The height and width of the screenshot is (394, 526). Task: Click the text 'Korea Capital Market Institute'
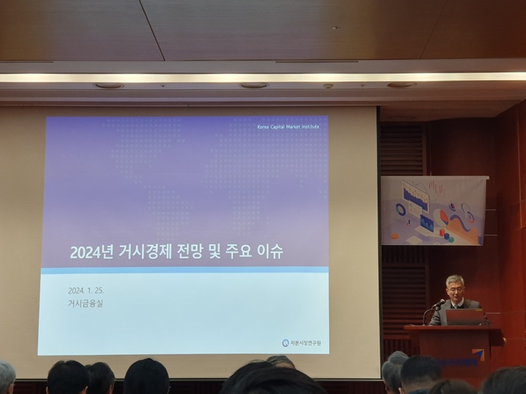pos(288,127)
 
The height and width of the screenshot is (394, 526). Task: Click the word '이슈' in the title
pos(270,251)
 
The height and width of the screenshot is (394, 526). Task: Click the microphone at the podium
pos(438,304)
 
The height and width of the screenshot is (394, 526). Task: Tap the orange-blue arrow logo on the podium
pos(478,355)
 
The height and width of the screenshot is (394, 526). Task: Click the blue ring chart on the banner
pos(401,209)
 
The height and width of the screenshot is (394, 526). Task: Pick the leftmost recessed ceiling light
pos(108,86)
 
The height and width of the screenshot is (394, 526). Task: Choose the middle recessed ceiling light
pos(254,86)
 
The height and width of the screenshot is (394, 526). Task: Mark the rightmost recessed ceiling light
pos(401,85)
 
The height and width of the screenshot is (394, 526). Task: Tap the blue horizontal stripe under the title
pos(184,270)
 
